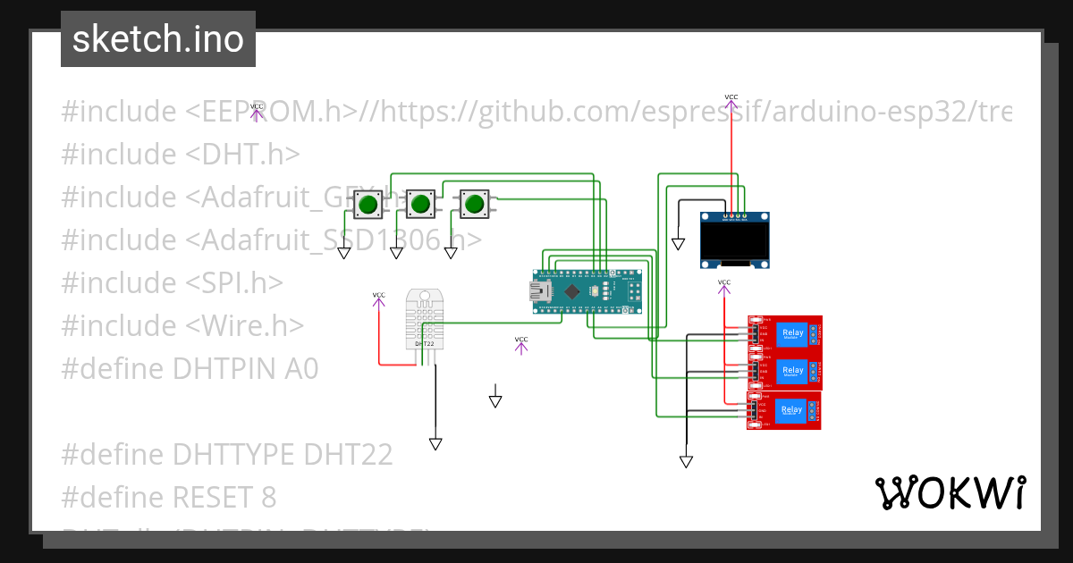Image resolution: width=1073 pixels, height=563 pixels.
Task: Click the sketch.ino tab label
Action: click(x=157, y=39)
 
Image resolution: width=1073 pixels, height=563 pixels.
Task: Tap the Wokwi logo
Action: click(x=950, y=492)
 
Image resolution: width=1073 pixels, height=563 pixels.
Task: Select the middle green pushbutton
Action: click(x=420, y=206)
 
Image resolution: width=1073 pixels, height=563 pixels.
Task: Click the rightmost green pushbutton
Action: click(x=474, y=206)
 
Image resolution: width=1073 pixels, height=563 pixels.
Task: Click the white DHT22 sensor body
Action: click(x=424, y=317)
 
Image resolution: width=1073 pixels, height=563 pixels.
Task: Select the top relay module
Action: click(x=785, y=333)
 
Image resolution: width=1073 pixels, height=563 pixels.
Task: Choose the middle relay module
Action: click(x=785, y=371)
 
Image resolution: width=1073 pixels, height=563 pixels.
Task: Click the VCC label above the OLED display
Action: click(x=731, y=97)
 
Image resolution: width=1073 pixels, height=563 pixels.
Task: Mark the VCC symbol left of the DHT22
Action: click(x=379, y=296)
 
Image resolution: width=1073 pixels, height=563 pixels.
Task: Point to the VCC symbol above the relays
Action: click(x=724, y=283)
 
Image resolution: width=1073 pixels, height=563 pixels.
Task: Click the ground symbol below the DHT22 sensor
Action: click(x=435, y=443)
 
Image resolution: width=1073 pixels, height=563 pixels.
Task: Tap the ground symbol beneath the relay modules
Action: click(x=686, y=461)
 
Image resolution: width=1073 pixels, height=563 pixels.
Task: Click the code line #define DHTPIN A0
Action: click(x=190, y=368)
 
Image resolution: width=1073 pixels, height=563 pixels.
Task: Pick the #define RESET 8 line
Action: click(x=168, y=497)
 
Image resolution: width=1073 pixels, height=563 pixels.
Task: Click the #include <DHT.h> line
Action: click(x=181, y=154)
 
